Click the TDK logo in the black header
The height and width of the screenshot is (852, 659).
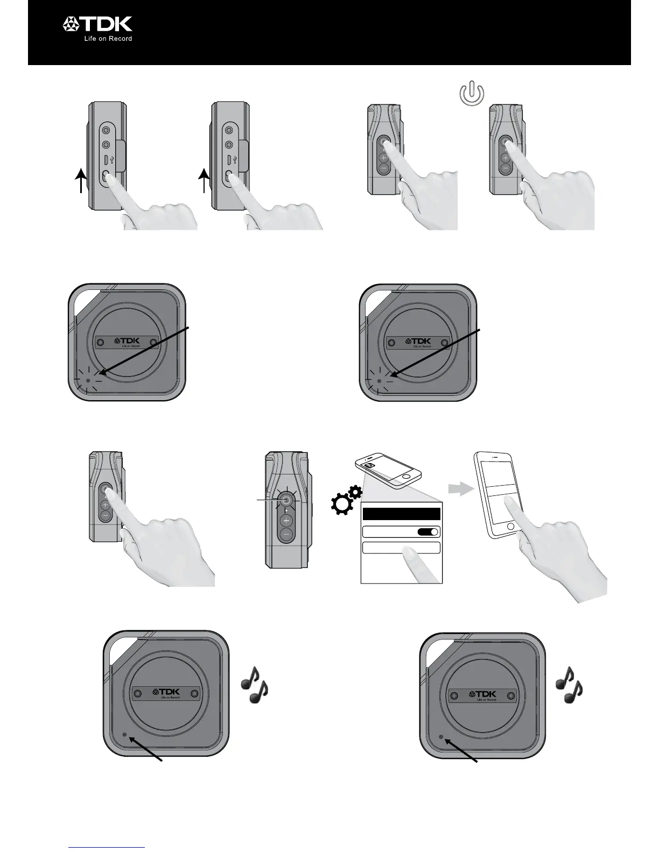pos(97,24)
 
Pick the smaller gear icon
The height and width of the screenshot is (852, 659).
pos(355,491)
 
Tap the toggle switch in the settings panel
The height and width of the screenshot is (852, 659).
pos(428,532)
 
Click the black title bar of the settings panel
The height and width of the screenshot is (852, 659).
pos(401,514)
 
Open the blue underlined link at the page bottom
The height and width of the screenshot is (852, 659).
pos(107,847)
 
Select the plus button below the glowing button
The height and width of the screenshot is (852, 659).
pos(286,520)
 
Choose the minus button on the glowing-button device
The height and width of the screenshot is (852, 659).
pos(286,534)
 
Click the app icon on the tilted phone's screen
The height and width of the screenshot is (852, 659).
pos(371,463)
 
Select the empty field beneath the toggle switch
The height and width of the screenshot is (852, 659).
pos(401,548)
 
